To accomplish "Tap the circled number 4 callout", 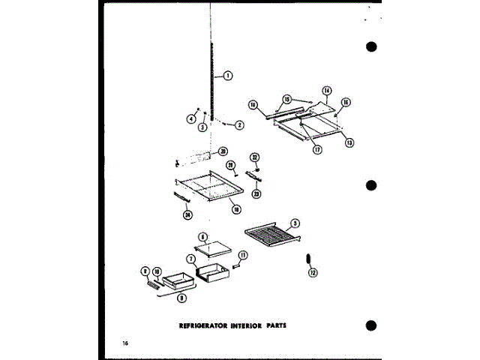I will coord(191,118).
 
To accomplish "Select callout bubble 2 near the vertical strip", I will coord(239,124).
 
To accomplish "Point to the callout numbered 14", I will coord(326,91).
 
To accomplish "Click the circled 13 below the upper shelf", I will coord(349,142).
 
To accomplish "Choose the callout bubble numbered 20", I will coord(223,151).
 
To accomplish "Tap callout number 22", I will coord(254,157).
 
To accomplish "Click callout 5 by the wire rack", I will coord(296,223).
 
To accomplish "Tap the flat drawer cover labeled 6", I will coord(212,246).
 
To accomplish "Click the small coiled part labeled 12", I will coord(307,259).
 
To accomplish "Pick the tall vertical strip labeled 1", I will coord(213,82).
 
